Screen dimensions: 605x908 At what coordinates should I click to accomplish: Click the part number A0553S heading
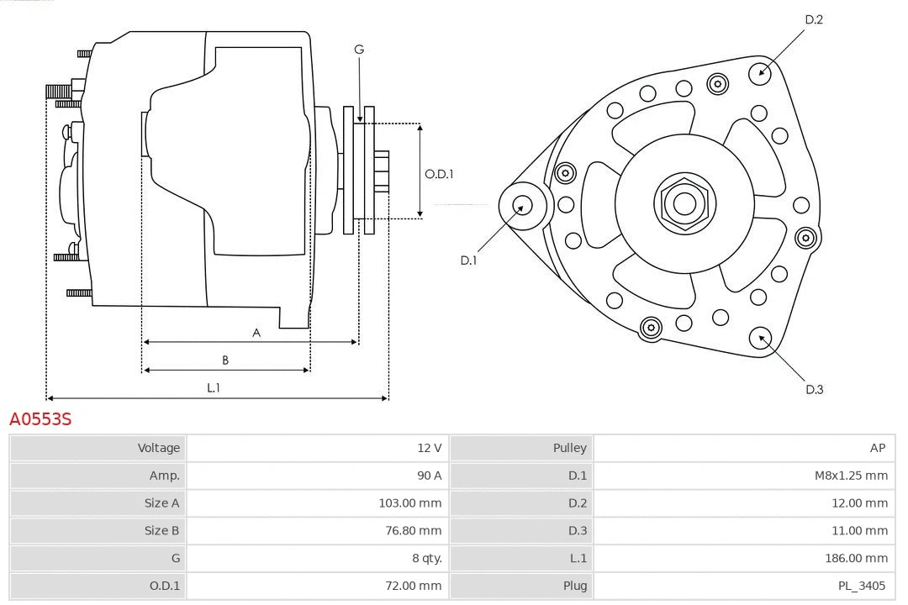click(40, 418)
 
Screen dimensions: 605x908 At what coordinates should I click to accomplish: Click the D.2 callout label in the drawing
click(813, 19)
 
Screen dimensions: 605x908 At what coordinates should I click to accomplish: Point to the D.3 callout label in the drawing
click(814, 389)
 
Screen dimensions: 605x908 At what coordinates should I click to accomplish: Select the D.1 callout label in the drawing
click(468, 260)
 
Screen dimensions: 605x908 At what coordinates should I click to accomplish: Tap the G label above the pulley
click(359, 50)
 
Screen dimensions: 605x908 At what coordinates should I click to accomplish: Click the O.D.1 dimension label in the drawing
click(439, 174)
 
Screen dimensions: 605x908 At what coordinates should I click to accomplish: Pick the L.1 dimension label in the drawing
click(214, 387)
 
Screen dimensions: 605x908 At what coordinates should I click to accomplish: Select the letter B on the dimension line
click(225, 360)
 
